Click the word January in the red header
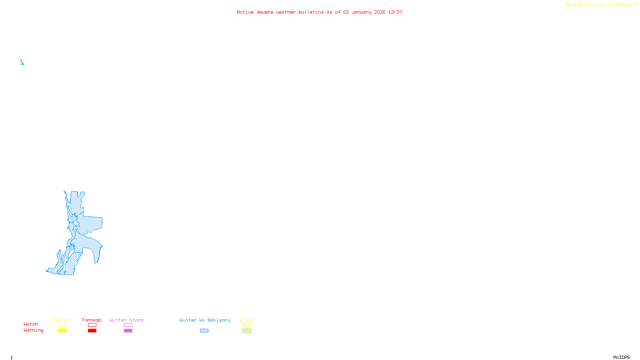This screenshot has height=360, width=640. click(361, 12)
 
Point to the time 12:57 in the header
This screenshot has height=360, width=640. click(395, 12)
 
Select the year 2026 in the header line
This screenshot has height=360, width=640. click(380, 12)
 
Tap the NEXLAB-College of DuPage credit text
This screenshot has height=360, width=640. click(599, 5)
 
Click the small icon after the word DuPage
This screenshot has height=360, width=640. click(636, 4)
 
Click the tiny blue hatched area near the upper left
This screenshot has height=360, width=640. click(22, 62)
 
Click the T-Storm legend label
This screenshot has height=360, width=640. click(62, 320)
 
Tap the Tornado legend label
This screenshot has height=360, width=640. click(92, 320)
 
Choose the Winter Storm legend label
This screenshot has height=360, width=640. click(126, 320)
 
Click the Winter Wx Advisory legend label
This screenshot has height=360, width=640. click(205, 320)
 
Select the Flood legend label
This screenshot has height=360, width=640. click(247, 320)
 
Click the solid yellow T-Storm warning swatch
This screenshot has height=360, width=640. click(62, 331)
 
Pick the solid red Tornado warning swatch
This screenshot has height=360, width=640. click(92, 331)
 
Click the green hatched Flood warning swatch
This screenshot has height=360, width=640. click(247, 331)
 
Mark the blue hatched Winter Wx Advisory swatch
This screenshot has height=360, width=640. click(204, 331)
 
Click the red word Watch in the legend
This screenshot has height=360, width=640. click(31, 324)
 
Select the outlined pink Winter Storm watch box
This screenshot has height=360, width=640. click(128, 325)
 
